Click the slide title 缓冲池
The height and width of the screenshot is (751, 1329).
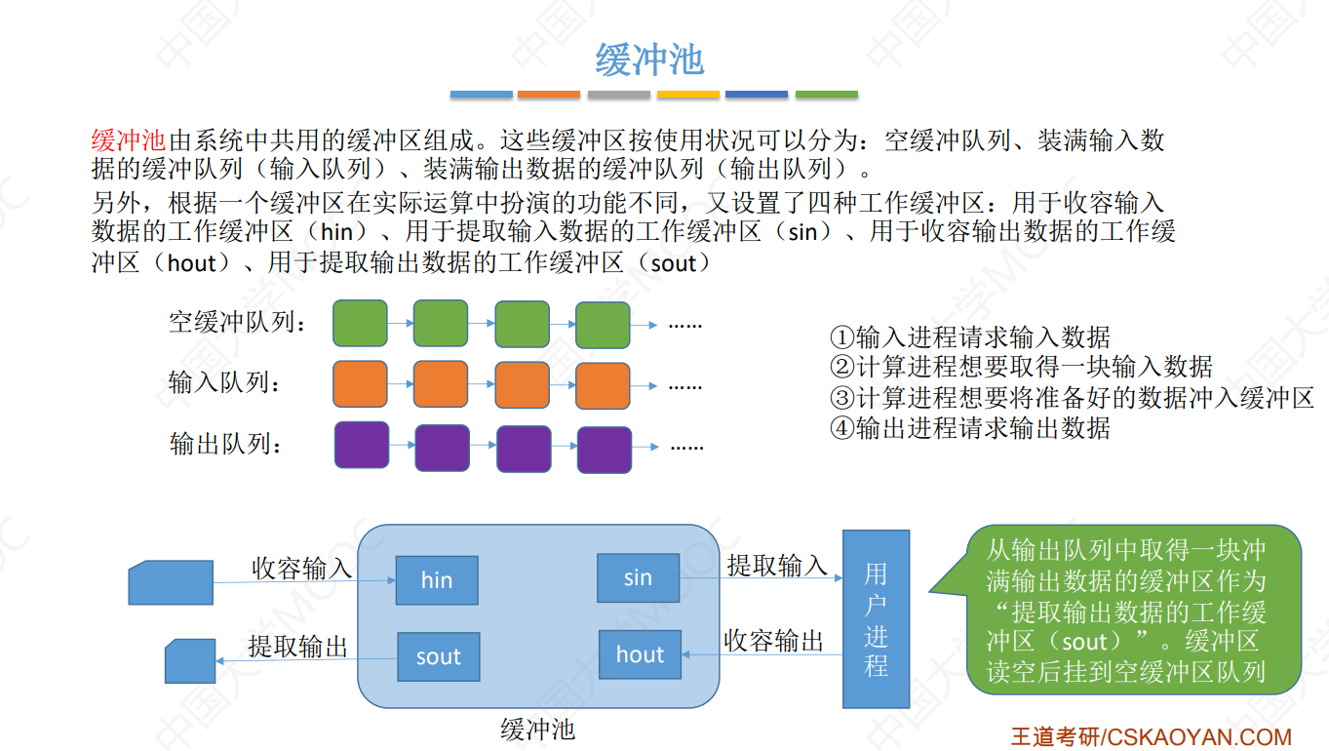(x=649, y=60)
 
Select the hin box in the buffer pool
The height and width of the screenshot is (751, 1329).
(x=437, y=580)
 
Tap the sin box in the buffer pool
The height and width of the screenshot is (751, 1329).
(x=638, y=577)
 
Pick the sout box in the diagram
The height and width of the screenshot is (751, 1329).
(x=438, y=656)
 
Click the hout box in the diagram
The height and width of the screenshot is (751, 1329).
(x=640, y=654)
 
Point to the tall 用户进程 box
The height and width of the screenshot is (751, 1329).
(x=876, y=619)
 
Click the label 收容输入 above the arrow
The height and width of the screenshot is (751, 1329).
(x=302, y=568)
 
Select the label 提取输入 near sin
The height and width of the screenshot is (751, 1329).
(x=777, y=565)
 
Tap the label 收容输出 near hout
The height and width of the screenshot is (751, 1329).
(x=774, y=641)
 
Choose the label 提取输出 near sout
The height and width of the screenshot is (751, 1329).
(x=298, y=646)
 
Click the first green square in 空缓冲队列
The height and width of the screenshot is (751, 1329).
(x=360, y=323)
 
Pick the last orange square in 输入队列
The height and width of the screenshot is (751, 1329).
(x=603, y=385)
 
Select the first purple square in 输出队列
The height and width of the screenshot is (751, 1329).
(x=362, y=445)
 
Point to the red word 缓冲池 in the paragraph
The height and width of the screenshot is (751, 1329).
(x=129, y=140)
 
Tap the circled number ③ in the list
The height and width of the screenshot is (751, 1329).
(x=841, y=398)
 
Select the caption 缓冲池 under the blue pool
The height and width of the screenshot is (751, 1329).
(x=537, y=729)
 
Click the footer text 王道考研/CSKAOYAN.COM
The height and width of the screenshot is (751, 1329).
(x=1151, y=736)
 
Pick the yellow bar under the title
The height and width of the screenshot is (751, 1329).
(x=688, y=95)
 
